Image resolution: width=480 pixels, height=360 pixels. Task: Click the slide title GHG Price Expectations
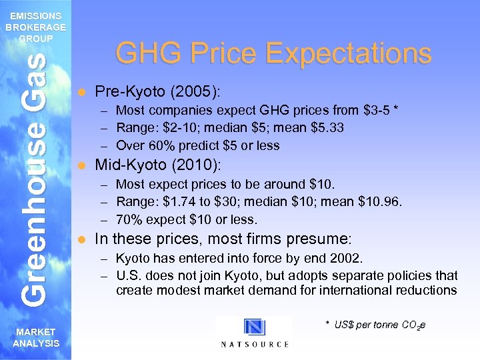273,53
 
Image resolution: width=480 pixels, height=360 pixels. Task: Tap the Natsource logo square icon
254,327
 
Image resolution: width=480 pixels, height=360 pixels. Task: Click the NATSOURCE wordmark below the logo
254,344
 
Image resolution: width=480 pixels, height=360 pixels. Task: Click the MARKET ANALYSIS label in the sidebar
35,337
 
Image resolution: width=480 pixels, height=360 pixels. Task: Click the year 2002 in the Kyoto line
349,258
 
